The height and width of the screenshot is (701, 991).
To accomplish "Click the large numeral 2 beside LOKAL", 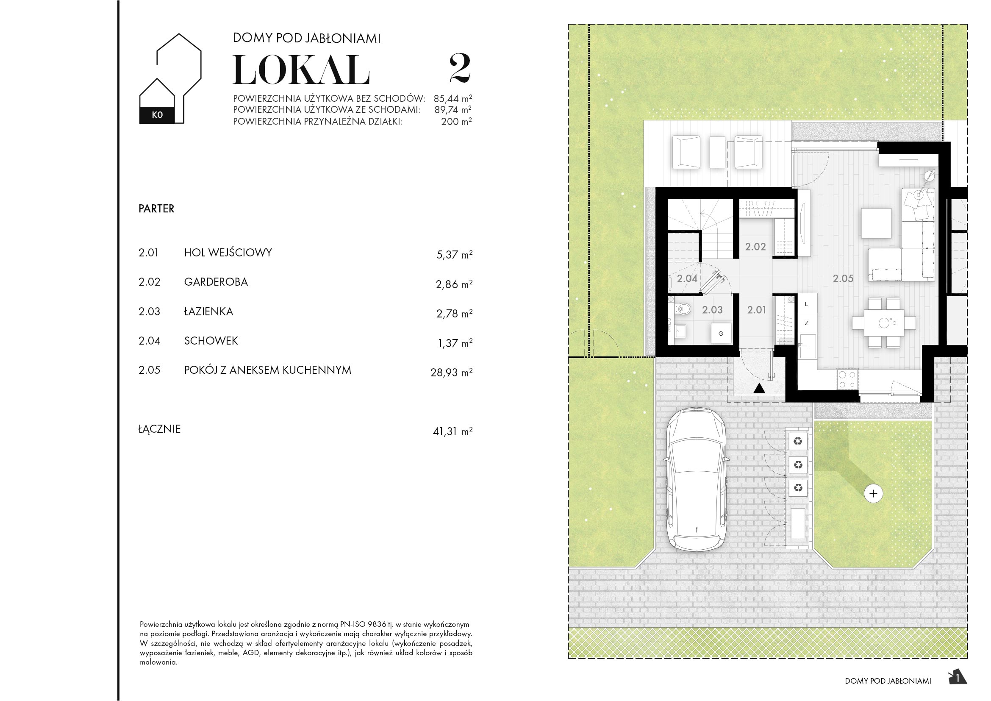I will (x=460, y=68).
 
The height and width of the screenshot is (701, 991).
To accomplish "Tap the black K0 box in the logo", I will (x=157, y=115).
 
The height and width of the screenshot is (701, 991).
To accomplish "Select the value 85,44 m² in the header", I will (x=452, y=98).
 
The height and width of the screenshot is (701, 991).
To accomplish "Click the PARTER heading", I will (x=156, y=209).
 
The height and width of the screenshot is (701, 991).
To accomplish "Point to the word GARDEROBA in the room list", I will (x=216, y=282).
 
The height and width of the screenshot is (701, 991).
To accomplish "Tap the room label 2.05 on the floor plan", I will (x=843, y=279).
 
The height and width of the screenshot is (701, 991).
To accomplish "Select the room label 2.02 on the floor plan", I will (x=755, y=247).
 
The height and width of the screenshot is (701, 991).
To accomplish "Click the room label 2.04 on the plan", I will (x=687, y=279).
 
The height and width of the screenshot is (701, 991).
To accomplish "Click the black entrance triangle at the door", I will (x=759, y=389).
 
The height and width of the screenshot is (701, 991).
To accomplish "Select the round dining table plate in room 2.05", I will (x=884, y=323).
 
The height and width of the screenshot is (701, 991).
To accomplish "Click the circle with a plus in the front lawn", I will (x=874, y=493).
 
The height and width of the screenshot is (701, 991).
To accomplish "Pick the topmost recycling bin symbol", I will (x=798, y=441).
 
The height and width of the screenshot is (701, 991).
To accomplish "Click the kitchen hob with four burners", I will (x=847, y=380).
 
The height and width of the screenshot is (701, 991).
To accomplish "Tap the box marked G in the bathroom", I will (x=720, y=333).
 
